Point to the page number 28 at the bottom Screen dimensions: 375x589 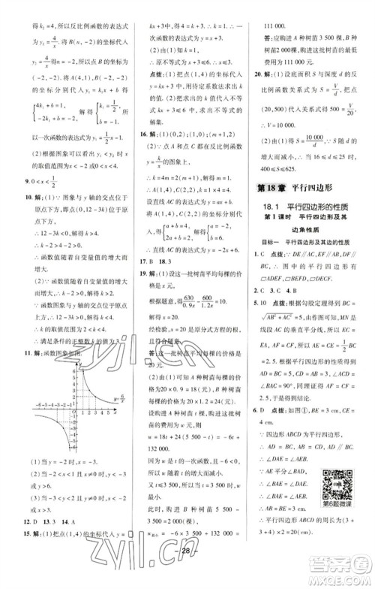187,573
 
